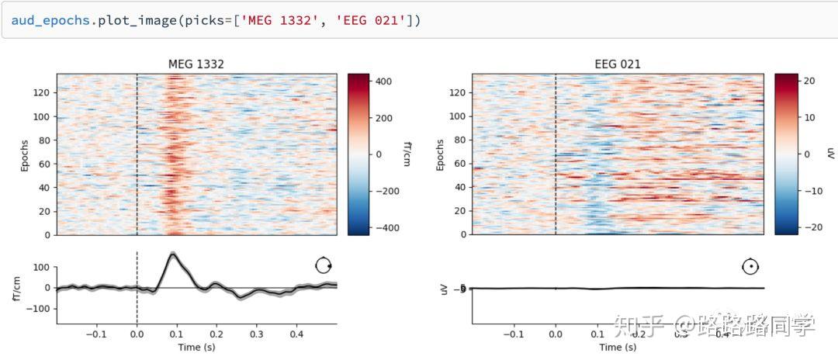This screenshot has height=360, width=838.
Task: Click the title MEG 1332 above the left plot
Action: click(x=196, y=64)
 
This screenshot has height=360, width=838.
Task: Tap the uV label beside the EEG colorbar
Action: click(x=829, y=154)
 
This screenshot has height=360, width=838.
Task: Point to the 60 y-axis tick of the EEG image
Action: click(x=460, y=164)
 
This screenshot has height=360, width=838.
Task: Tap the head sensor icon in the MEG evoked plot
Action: click(x=324, y=266)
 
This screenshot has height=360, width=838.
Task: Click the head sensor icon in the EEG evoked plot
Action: click(x=750, y=266)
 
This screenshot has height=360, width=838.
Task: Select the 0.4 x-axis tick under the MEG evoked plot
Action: click(x=296, y=334)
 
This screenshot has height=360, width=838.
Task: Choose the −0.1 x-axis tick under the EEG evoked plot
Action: click(x=514, y=334)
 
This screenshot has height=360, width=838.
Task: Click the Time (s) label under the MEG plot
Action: click(x=196, y=347)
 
